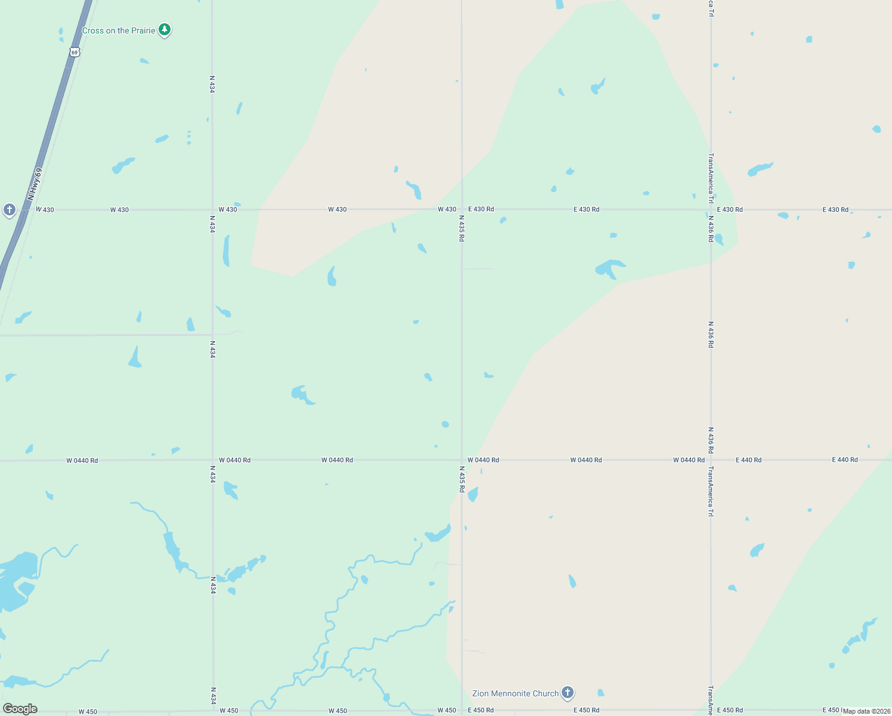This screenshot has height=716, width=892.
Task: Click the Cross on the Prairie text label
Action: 119,30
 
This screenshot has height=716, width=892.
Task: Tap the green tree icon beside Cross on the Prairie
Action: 165,29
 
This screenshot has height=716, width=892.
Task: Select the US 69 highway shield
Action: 74,52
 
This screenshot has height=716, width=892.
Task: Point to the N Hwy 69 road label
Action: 35,184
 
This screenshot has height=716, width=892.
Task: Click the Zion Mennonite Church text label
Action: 515,693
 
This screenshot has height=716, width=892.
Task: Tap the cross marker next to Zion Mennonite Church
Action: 568,692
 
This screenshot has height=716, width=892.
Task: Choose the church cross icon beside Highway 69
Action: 9,209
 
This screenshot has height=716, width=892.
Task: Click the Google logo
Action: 20,709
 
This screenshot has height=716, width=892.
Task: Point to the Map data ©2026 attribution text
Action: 866,711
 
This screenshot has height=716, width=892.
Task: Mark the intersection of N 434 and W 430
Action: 213,209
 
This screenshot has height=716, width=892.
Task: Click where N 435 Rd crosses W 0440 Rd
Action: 462,460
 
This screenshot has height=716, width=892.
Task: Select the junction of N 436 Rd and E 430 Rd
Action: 711,209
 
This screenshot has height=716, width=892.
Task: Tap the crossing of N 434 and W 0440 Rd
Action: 213,460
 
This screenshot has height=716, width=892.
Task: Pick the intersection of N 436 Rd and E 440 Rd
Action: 711,460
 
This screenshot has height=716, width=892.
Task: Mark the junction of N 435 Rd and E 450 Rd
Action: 462,711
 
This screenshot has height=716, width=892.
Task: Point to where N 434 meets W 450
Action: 213,711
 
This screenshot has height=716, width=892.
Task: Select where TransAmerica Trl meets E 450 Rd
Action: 711,711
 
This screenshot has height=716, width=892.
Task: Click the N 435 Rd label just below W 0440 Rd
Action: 462,479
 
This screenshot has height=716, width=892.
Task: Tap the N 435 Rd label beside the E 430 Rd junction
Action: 462,229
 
